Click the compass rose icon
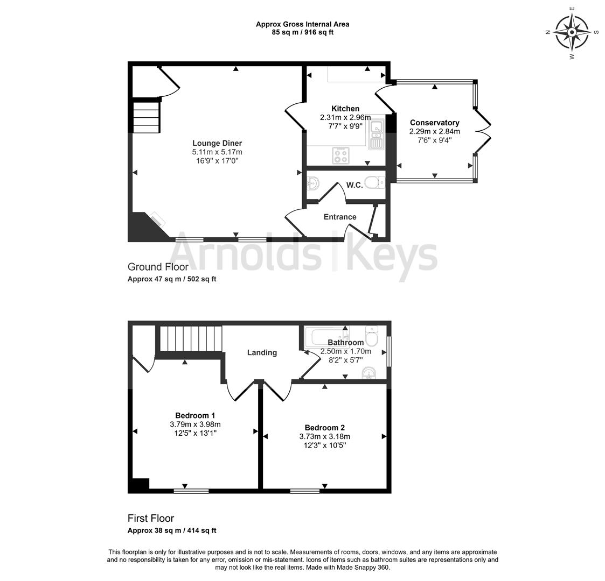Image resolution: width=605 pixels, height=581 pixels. click(x=572, y=32)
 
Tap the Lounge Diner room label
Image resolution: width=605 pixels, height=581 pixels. click(x=217, y=143)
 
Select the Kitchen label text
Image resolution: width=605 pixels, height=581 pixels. click(x=345, y=109)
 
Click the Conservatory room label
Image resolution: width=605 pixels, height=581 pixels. click(x=434, y=123)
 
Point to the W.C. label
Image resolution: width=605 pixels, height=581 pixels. click(x=354, y=185)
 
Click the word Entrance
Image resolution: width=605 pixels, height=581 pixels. click(x=340, y=217)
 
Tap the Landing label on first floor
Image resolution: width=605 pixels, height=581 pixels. click(x=262, y=352)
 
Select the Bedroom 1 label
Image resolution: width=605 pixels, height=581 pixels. click(x=195, y=415)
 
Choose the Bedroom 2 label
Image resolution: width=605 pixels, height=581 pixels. click(x=324, y=428)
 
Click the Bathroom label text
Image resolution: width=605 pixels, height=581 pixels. click(x=346, y=342)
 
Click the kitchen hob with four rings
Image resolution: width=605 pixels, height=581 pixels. click(x=340, y=155)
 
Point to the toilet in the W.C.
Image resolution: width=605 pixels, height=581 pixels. click(x=374, y=182)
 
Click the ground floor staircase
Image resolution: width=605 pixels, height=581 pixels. click(x=146, y=117)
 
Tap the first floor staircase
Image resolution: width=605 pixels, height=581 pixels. click(x=191, y=338)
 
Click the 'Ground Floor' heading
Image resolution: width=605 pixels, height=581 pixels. click(x=158, y=267)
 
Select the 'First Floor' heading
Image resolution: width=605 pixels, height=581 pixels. click(x=151, y=518)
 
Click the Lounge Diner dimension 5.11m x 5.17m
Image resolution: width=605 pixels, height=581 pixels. click(x=217, y=152)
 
